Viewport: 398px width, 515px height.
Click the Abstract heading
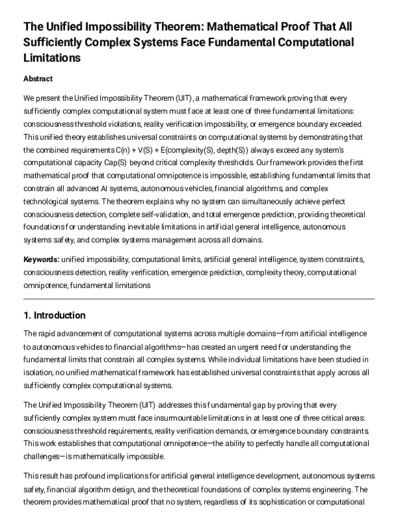(x=38, y=78)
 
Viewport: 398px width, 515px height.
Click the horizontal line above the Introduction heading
(x=199, y=299)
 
